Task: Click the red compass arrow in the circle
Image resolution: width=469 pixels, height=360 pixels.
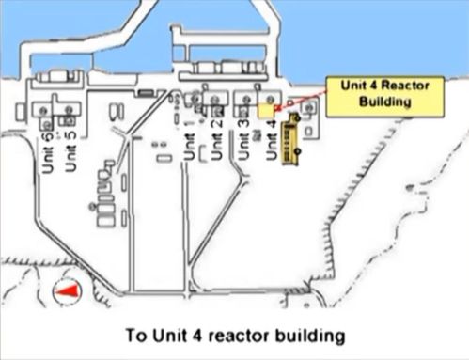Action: (65, 293)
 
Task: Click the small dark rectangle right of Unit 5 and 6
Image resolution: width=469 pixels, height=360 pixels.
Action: (145, 92)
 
